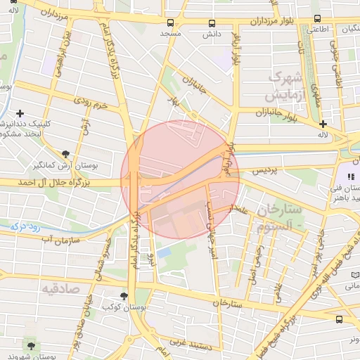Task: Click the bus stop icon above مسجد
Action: (171, 22)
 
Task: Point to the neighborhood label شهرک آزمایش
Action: (288, 85)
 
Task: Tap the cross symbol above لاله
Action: (323, 123)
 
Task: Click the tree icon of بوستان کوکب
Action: (124, 296)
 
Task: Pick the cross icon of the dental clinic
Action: (20, 113)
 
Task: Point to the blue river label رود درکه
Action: (30, 227)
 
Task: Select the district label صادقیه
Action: (60, 288)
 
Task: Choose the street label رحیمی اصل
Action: (254, 259)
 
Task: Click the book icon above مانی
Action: (354, 274)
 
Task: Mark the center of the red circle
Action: (180, 180)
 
